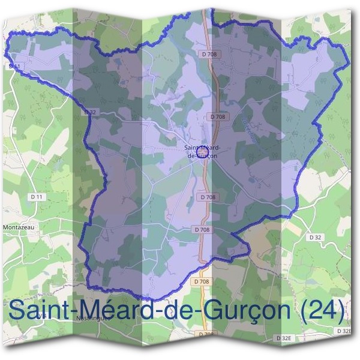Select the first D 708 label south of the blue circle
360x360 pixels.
point(207,197)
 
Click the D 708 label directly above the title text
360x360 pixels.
point(202,281)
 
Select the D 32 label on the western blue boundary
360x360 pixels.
point(91,112)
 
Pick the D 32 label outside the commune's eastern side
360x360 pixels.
point(315,238)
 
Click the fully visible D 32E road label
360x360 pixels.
point(284,338)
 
